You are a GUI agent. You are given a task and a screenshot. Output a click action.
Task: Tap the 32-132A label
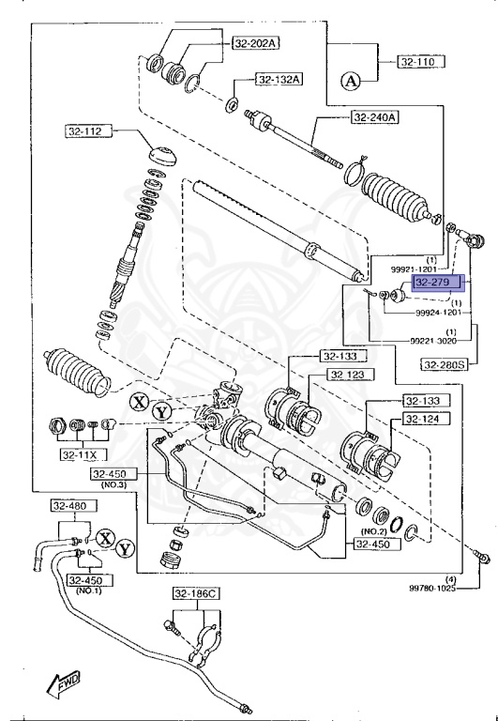(279, 79)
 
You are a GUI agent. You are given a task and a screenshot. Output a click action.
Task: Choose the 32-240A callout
(375, 117)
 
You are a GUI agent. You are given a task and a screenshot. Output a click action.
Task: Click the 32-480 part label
(69, 506)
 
